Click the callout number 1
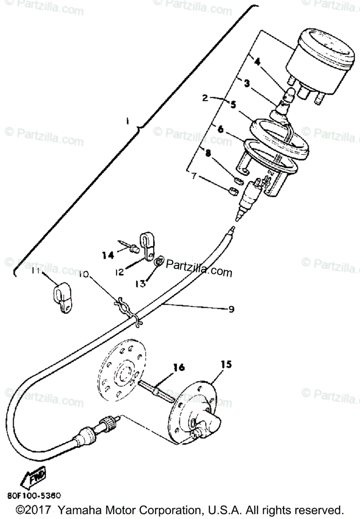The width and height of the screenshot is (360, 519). (127, 122)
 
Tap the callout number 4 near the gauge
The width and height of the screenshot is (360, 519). (257, 62)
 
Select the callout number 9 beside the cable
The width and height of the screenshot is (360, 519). (231, 309)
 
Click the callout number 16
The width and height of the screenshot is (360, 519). (179, 368)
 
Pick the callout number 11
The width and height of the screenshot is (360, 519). (36, 271)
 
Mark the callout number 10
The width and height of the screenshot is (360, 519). (84, 275)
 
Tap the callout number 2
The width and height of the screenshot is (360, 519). (206, 98)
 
